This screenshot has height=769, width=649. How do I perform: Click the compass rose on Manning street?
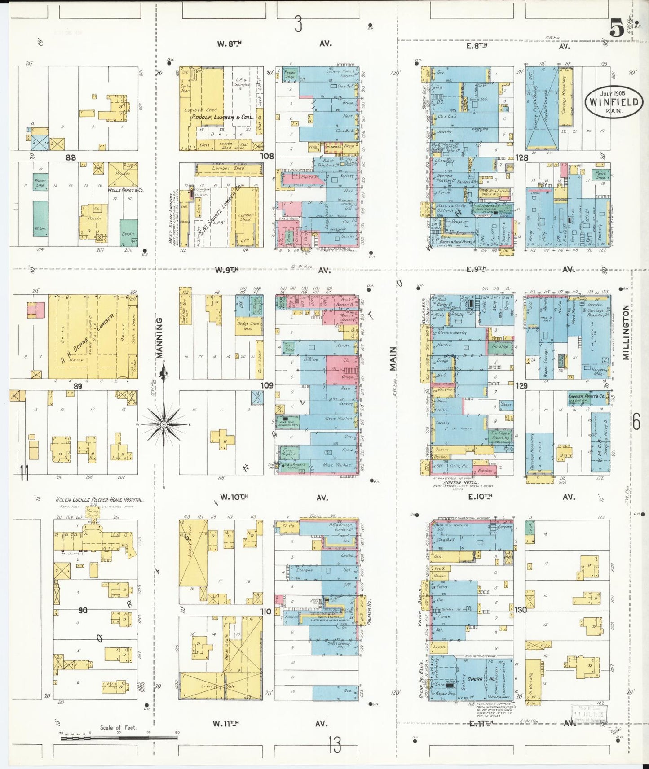coord(164,424)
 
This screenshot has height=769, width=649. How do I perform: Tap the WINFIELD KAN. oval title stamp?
coord(614,102)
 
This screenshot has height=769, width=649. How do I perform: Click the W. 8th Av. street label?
coord(229,44)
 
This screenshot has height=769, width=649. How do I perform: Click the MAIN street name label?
coord(393,358)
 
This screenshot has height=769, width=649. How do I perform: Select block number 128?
coord(521,157)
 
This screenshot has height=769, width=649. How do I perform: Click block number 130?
coord(521,610)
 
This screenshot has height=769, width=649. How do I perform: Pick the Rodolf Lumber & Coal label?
coord(223,118)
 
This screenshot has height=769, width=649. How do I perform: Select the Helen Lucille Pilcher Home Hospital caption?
coord(99,500)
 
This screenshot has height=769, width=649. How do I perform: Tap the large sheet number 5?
coord(616,29)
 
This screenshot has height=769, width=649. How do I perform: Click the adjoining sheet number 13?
coord(335,746)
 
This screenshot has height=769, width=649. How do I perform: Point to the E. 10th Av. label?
coord(480,497)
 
